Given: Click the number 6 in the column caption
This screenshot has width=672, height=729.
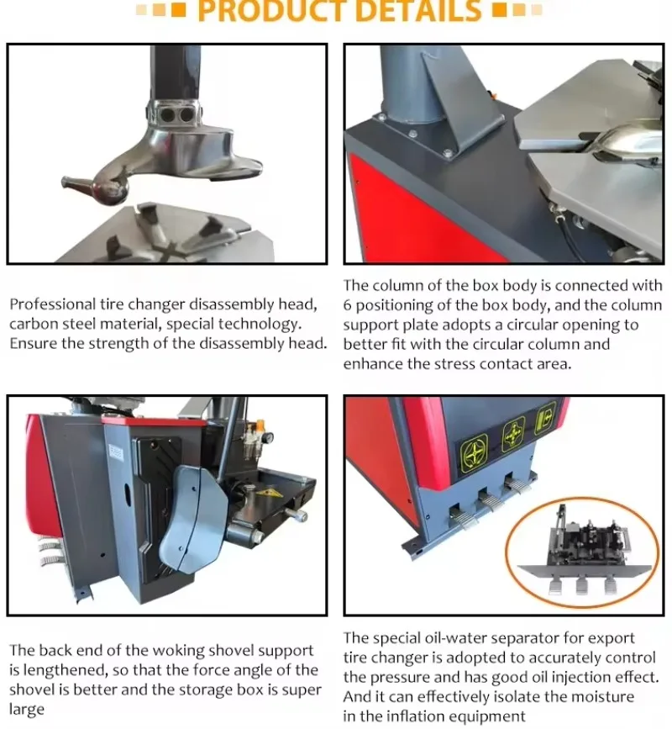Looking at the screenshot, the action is click(x=348, y=305).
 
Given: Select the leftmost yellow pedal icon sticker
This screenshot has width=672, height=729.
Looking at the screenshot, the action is click(x=474, y=451).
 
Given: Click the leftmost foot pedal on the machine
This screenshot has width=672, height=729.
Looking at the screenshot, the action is click(x=461, y=520).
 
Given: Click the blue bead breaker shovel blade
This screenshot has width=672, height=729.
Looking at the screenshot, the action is click(x=192, y=520).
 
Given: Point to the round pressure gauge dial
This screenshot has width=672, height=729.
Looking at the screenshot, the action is click(x=266, y=437).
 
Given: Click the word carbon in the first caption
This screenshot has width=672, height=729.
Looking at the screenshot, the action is click(x=34, y=324).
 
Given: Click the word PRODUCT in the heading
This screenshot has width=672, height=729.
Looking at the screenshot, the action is click(x=271, y=10).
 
